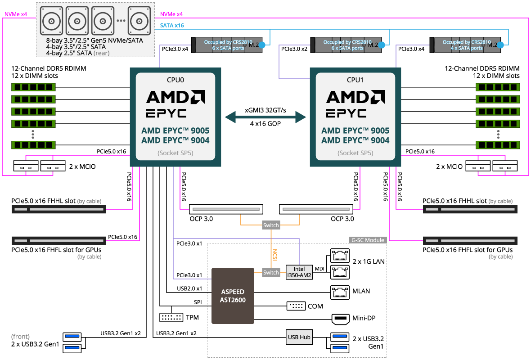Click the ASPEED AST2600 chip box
[233, 296]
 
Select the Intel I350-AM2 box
[299, 272]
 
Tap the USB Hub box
[299, 337]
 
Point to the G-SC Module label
[368, 240]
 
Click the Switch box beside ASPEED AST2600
[271, 272]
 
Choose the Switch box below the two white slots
[271, 225]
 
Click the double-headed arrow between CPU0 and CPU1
[265, 117]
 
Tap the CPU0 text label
[175, 80]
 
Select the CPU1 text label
[355, 80]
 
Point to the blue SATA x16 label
[172, 26]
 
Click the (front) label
[21, 337]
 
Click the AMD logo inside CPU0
[175, 97]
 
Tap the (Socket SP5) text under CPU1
[355, 153]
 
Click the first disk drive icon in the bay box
[51, 20]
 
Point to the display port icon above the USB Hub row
[340, 319]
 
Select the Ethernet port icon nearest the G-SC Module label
[340, 256]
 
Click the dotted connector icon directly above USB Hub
[296, 306]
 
